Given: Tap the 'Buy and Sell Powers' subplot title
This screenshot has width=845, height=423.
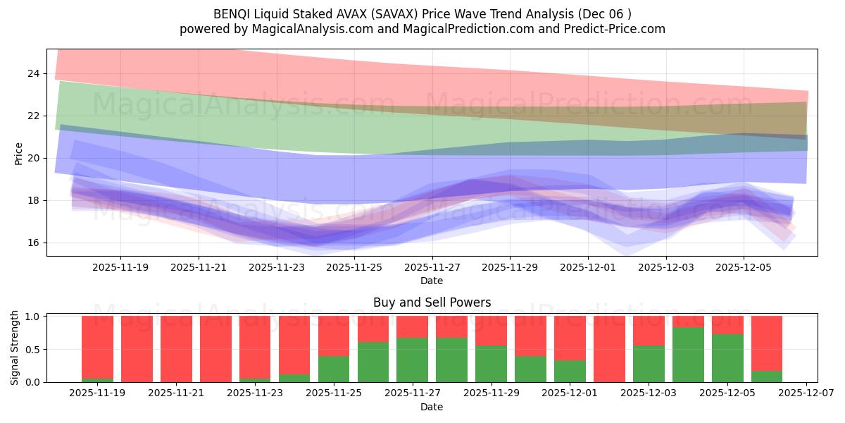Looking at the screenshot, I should coord(432,302).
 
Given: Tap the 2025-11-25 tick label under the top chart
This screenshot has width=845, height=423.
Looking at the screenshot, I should coord(354,267).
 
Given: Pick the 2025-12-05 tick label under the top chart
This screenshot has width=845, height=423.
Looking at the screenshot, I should coord(744,267).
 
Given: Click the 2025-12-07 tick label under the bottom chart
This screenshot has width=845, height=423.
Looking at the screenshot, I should coord(806,393).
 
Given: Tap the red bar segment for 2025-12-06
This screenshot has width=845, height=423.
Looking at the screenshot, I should coord(767,343).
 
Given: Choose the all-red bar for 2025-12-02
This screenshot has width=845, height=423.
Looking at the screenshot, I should coord(609,349).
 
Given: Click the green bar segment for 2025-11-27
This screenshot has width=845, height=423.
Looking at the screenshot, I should coord(412,360).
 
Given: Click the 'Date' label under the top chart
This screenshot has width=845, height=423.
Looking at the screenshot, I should coord(432,281).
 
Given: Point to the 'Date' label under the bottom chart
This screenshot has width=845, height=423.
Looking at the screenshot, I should coord(432,407).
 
